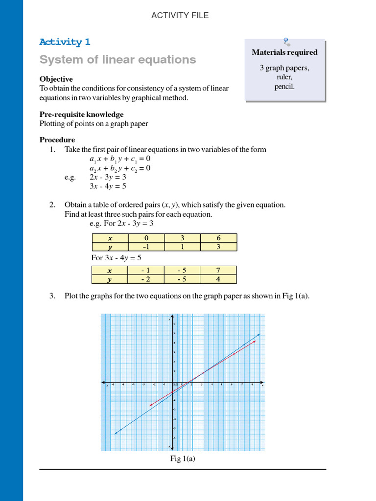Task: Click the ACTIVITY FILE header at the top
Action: coord(180,15)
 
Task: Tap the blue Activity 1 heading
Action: coord(65,42)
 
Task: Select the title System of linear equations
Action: coord(117,60)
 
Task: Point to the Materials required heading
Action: coord(284,52)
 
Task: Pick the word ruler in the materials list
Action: coord(284,77)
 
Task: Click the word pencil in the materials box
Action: coord(284,87)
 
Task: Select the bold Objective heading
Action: coord(56,79)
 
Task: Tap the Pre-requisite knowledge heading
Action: coord(81,114)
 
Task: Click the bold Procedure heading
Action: coord(57,140)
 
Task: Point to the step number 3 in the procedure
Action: coord(52,296)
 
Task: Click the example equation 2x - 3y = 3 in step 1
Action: coord(108,177)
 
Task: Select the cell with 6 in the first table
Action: coord(218,238)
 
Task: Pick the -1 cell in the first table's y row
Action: coord(146,247)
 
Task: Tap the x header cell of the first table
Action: coord(110,238)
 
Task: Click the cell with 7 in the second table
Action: coord(218,271)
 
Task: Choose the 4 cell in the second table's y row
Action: coord(218,279)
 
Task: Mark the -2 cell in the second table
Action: coord(145,279)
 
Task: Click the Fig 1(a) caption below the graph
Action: coord(183,458)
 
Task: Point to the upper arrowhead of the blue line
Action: coord(258,335)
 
